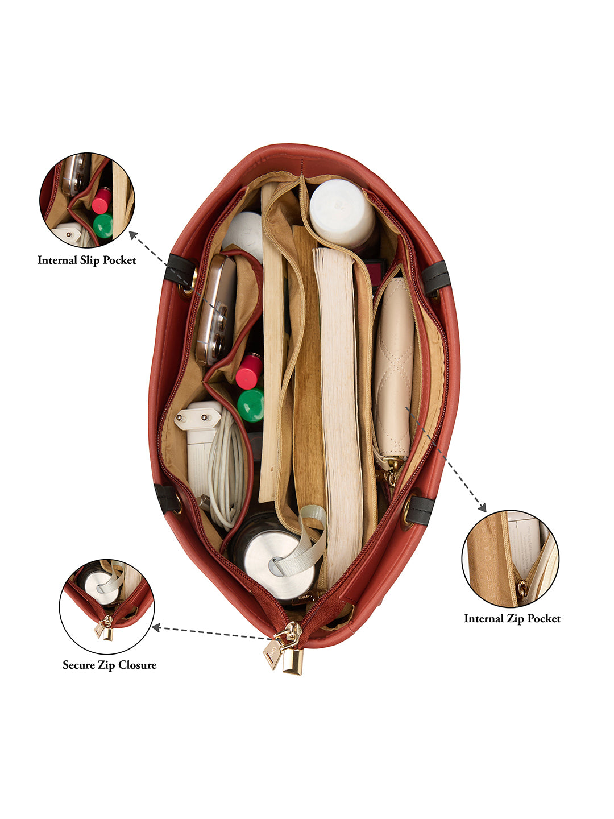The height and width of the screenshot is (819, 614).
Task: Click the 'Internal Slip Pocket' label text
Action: [86, 260]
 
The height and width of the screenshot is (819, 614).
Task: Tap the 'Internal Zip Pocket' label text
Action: [512, 618]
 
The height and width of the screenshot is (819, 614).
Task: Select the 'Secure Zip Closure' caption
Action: [109, 665]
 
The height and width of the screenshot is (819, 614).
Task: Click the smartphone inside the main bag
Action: [216, 311]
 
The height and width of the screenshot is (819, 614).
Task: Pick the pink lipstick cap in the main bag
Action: [249, 371]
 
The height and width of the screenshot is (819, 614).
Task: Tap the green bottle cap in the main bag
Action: [251, 405]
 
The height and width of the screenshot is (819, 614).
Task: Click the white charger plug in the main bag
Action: [199, 446]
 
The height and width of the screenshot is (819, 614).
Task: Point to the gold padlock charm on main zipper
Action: [292, 661]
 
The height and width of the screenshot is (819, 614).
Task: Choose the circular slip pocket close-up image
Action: [87, 200]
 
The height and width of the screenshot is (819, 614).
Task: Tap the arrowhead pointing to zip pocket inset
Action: [483, 507]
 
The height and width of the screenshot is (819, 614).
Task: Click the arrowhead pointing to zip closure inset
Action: [156, 628]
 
